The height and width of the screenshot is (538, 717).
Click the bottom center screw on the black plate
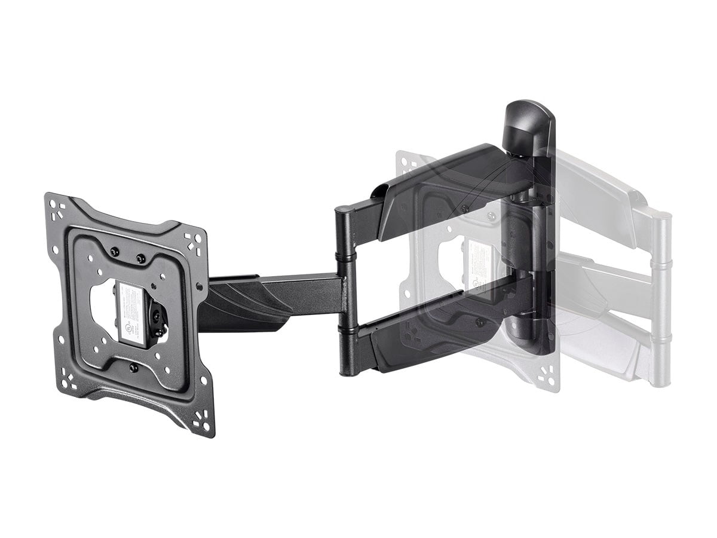coord(133,367)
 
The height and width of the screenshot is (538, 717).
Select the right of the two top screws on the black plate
coord(141,258)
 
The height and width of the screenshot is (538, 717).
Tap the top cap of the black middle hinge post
coord(345,210)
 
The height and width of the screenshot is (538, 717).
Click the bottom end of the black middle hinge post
coord(348,368)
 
